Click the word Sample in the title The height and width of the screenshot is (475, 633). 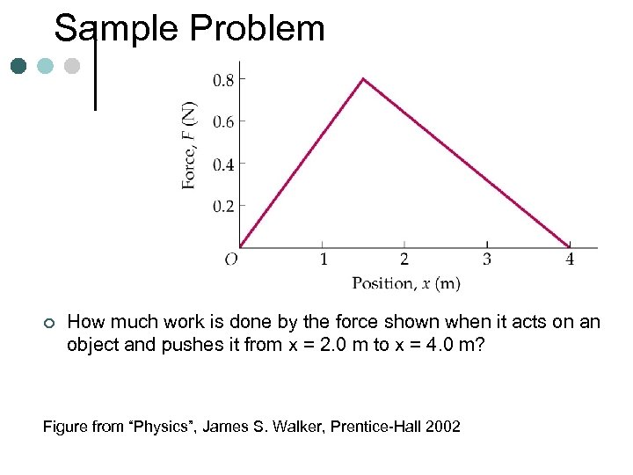[x=115, y=29]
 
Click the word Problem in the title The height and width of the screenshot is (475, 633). [x=254, y=29]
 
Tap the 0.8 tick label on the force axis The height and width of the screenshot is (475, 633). [x=223, y=80]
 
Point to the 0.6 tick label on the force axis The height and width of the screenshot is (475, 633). [x=223, y=121]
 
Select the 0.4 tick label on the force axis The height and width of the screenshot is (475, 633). [x=223, y=164]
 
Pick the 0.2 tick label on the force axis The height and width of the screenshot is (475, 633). [x=223, y=206]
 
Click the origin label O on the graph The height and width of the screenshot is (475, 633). [x=231, y=259]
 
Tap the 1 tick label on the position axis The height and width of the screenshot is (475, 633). [x=324, y=259]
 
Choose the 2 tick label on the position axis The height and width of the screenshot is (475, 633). [x=404, y=259]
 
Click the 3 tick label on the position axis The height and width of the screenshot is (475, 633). [x=487, y=259]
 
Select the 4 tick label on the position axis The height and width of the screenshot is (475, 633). [x=570, y=259]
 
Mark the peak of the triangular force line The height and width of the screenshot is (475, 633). [x=363, y=79]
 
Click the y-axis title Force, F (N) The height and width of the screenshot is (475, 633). [x=189, y=145]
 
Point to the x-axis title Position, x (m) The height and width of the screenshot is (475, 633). [x=406, y=282]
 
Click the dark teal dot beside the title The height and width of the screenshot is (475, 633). [x=19, y=66]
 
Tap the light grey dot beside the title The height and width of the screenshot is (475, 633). [x=72, y=66]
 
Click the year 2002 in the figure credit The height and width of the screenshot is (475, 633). [x=442, y=427]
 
